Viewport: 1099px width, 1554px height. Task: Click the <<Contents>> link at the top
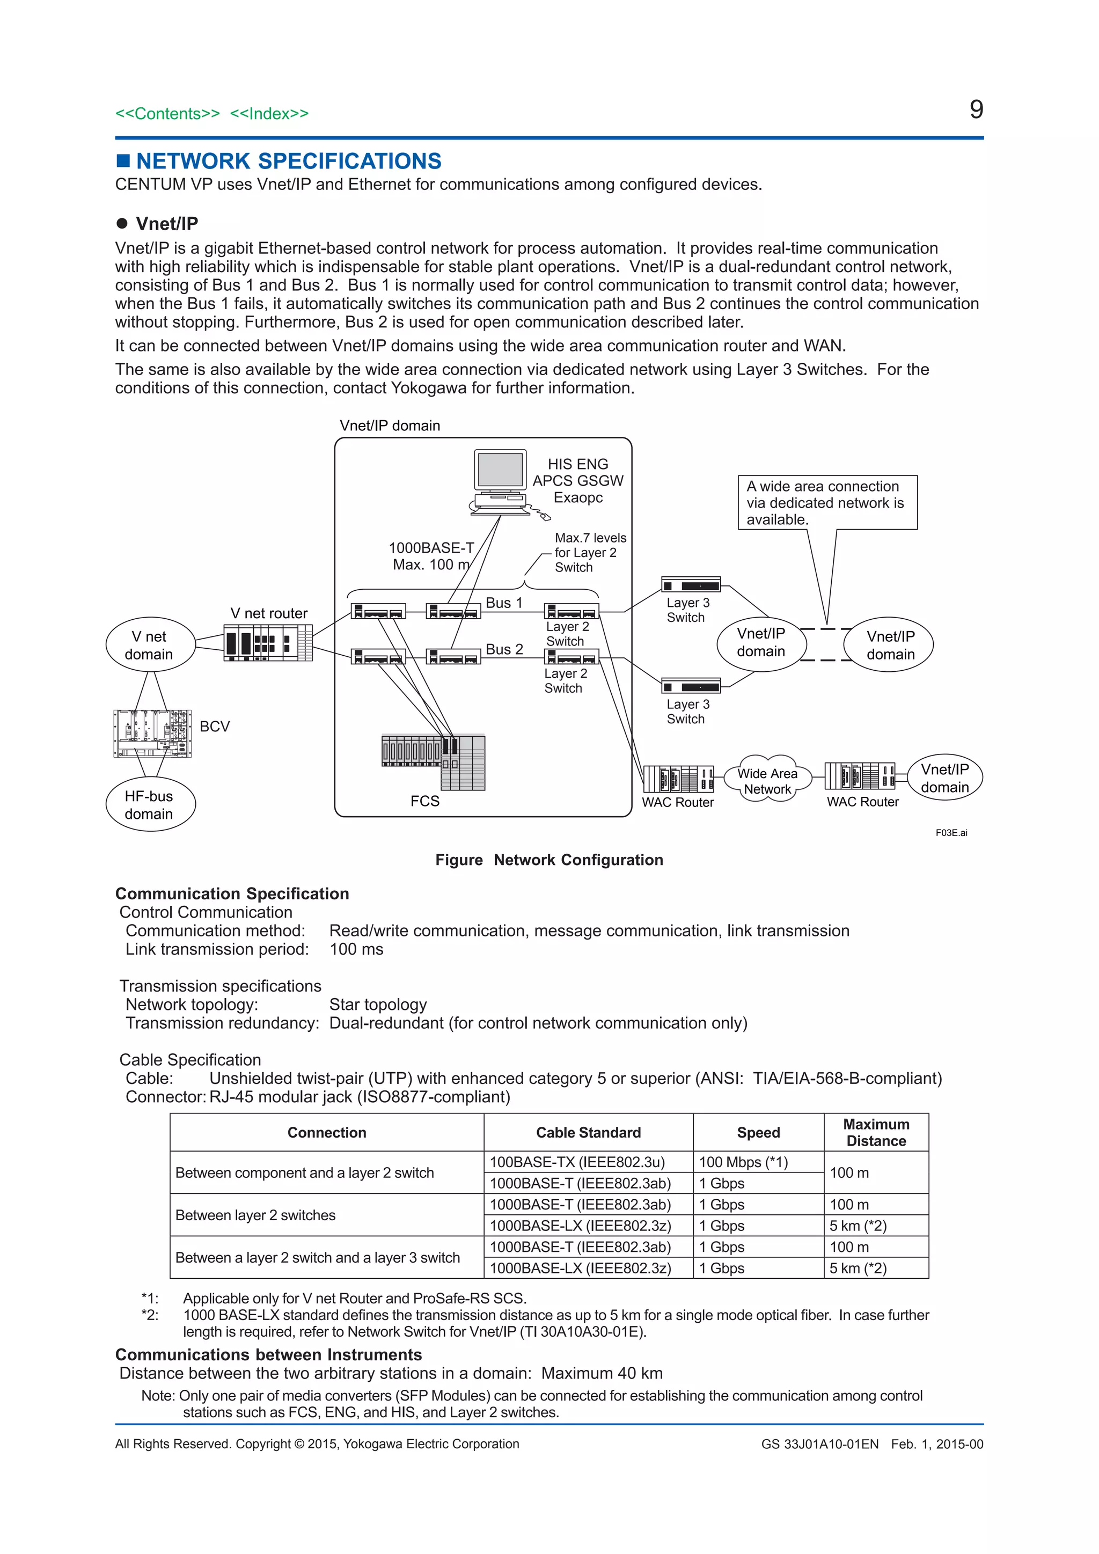[167, 114]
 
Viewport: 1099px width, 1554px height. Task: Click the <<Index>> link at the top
[269, 114]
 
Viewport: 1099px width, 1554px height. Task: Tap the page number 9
[975, 109]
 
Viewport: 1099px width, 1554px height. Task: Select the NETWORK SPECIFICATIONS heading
[288, 161]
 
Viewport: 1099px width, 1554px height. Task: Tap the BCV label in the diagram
[215, 726]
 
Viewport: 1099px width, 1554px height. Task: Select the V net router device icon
[268, 642]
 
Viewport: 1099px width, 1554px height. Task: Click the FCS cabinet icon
[434, 761]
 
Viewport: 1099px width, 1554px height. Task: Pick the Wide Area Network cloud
[767, 780]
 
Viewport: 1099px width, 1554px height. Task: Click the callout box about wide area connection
[826, 503]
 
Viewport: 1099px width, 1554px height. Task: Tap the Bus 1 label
[504, 603]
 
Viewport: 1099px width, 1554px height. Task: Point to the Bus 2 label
[504, 649]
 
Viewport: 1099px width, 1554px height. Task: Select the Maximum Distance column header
[876, 1132]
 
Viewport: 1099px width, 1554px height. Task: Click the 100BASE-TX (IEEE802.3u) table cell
[577, 1162]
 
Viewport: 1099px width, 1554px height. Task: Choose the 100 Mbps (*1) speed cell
[743, 1162]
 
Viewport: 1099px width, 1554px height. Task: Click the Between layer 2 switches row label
[255, 1215]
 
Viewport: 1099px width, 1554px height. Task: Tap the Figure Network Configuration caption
[549, 860]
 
